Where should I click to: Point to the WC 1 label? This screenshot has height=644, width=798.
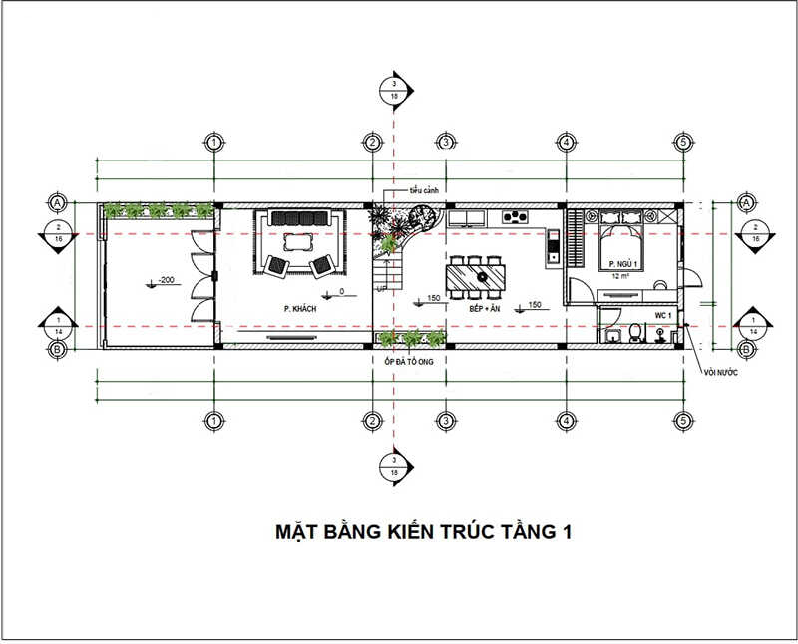pos(664,315)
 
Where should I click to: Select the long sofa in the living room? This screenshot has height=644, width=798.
pos(297,218)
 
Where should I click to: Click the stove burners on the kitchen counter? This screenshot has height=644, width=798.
pos(517,216)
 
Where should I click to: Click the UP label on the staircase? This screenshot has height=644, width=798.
pos(381,287)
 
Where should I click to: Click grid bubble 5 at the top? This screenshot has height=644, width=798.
pos(681,143)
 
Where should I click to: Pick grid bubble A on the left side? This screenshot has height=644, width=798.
pos(57,203)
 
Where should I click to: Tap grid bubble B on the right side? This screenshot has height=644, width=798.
pos(745,349)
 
